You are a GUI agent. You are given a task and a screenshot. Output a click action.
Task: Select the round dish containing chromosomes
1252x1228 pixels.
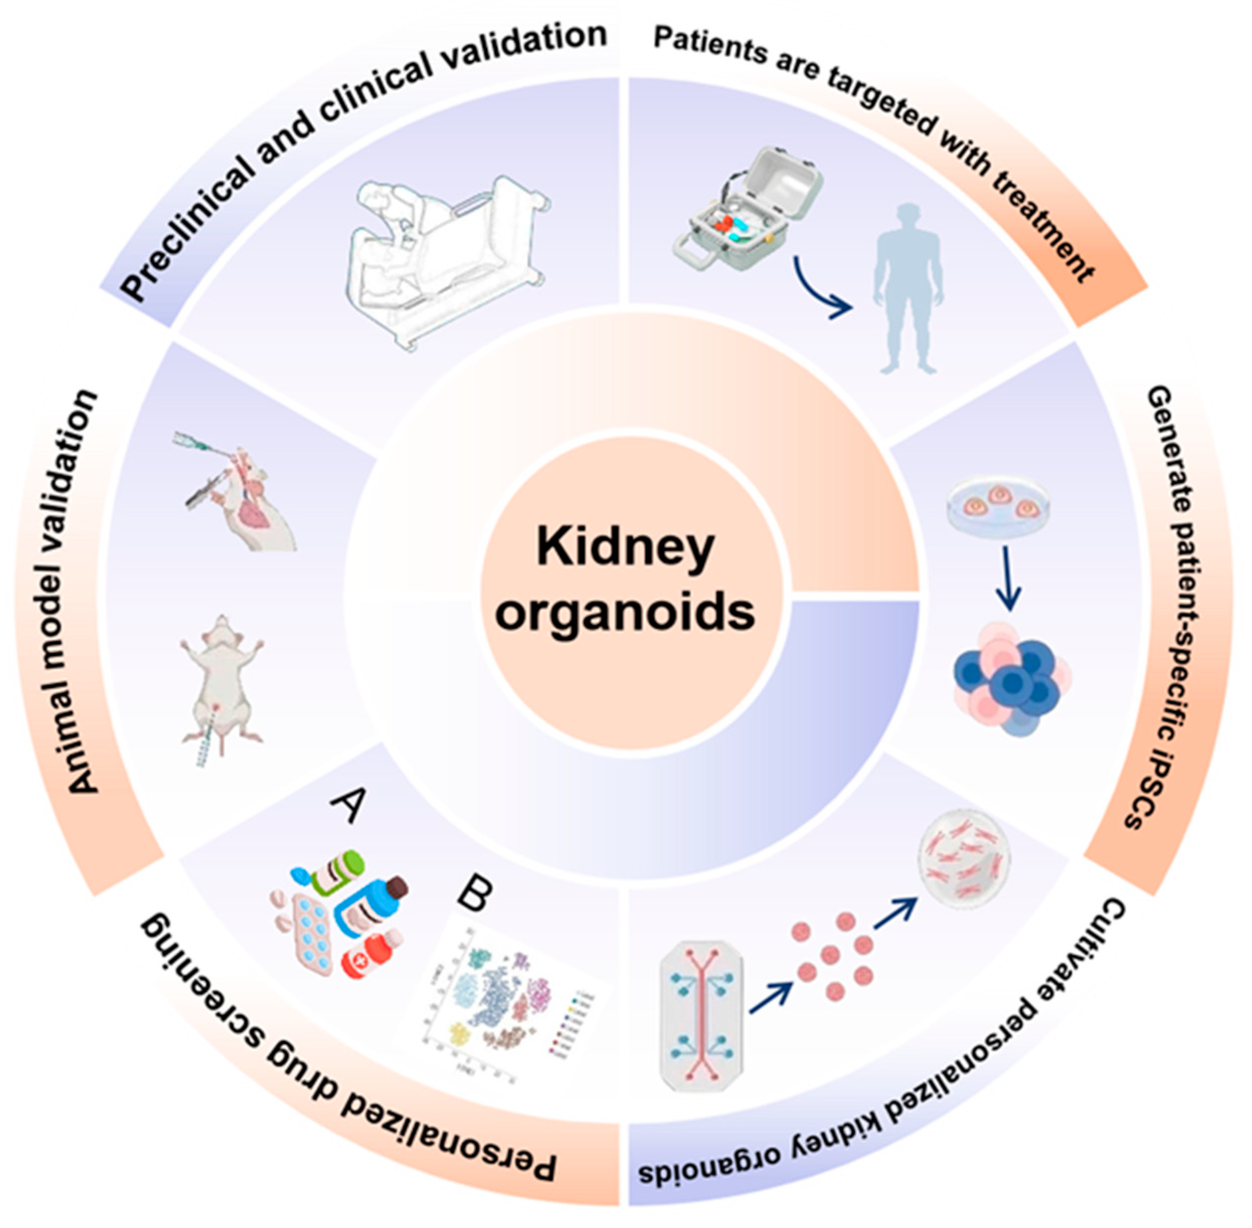point(963,862)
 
